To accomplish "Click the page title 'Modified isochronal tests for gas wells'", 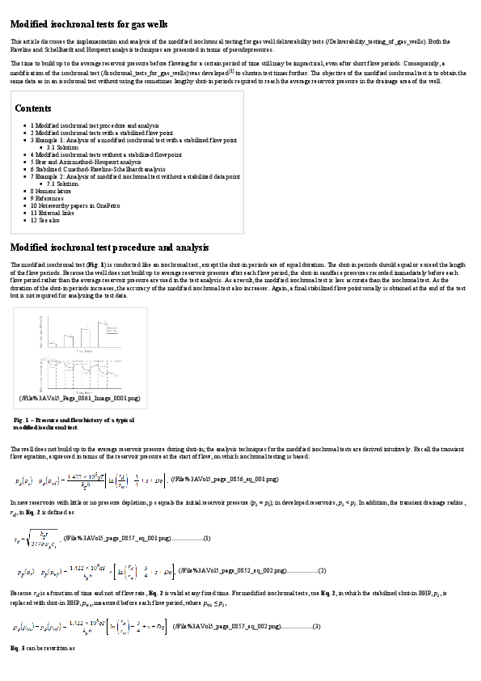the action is coord(89,24).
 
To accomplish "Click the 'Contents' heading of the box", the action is coord(33,108).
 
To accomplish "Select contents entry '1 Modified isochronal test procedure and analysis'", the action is coord(95,125).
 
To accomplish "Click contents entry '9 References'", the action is coord(49,197).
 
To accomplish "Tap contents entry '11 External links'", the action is coord(53,212).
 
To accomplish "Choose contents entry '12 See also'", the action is coord(45,219).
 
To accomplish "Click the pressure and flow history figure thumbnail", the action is coord(79,353).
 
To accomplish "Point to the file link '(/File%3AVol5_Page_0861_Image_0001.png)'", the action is coord(79,398).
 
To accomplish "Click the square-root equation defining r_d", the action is coord(35,537).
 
